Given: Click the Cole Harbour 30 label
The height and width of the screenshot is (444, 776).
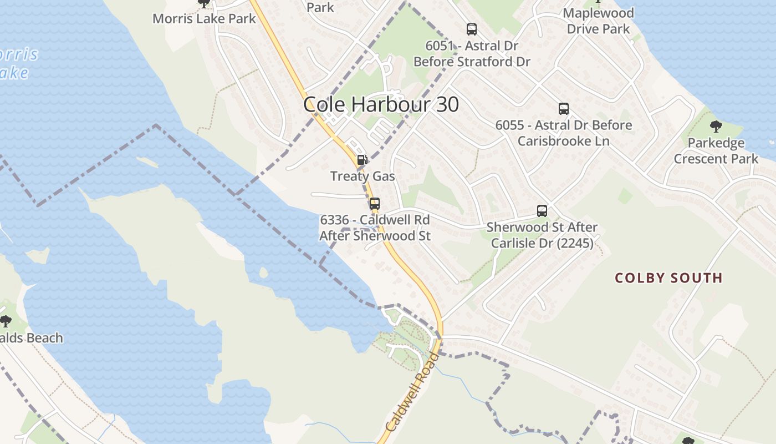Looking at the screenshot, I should pos(381,104).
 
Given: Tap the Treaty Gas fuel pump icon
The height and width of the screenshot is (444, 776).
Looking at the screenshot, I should pos(362,160).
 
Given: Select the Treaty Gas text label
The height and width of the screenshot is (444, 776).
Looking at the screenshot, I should pos(363,176).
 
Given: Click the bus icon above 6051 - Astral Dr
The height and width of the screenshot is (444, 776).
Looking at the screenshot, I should pos(472,29).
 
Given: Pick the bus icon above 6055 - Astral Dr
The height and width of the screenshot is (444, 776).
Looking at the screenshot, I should pos(564,109).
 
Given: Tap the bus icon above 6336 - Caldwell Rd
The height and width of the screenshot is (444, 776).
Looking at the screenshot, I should pos(375,204).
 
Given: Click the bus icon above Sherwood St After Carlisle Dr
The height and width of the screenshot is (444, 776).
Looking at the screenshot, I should pos(542,211).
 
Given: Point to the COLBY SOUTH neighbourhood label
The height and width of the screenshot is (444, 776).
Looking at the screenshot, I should pos(668,277).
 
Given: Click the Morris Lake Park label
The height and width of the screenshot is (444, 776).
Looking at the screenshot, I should pos(204,18).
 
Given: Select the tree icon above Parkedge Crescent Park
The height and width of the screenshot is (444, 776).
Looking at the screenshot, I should pos(716,127).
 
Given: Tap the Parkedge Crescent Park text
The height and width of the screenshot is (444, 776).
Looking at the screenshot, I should pos(716,151).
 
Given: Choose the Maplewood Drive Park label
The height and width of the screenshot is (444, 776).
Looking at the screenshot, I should pos(598,21).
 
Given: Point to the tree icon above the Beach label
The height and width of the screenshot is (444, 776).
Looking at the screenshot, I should pos(6,321).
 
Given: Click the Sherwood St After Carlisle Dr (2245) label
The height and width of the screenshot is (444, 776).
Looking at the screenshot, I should pos(542,235).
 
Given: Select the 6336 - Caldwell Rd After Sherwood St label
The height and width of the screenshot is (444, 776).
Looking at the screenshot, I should pos(375,228).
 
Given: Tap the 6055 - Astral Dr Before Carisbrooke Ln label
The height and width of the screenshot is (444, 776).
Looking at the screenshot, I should pos(563,133).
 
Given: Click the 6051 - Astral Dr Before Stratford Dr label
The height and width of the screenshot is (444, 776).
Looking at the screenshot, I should pos(472,53).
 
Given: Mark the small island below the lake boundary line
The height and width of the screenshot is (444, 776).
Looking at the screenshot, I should pos(263,273).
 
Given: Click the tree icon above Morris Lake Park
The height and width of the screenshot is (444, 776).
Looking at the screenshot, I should pos(204,3).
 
